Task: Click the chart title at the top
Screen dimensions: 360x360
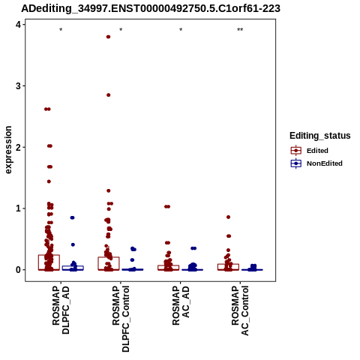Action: (x=151, y=8)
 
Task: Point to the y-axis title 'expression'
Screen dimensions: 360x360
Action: (x=8, y=150)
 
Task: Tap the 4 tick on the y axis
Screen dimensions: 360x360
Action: (x=18, y=25)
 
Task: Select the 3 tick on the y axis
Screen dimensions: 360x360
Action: (x=18, y=86)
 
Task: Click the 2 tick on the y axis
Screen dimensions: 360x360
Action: (x=18, y=147)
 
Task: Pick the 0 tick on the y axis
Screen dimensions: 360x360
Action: (x=18, y=270)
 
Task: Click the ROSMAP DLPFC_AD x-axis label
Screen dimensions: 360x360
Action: (x=61, y=310)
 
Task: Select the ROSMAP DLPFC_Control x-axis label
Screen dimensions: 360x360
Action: (x=121, y=319)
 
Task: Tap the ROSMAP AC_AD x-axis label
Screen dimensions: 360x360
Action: (x=181, y=305)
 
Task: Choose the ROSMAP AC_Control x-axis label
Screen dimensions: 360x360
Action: (x=240, y=310)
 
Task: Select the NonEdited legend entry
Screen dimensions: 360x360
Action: (x=316, y=163)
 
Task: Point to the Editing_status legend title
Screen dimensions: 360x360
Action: (x=320, y=136)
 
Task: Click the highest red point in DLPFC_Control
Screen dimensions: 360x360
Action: (x=108, y=37)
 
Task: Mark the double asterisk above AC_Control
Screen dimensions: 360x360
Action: (x=240, y=30)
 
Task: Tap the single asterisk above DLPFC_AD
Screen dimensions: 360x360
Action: (x=61, y=30)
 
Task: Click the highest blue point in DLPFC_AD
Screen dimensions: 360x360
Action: (x=72, y=217)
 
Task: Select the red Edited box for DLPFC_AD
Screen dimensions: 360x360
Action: (x=49, y=262)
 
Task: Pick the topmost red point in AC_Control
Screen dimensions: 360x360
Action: (x=228, y=217)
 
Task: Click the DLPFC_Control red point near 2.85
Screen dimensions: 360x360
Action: (x=109, y=95)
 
